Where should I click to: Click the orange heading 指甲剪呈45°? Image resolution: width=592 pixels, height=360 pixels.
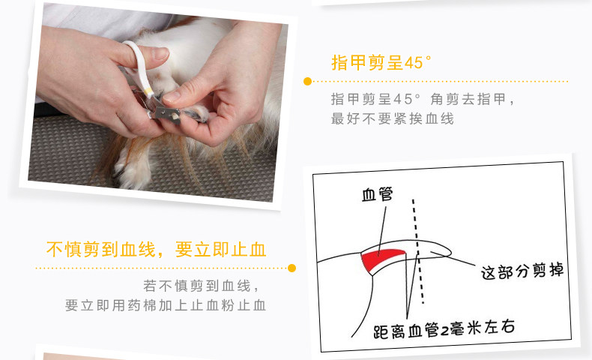click(381, 62)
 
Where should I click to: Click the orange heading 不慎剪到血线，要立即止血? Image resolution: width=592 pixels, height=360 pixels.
click(156, 249)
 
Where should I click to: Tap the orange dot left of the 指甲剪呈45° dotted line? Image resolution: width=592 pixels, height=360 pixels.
click(307, 81)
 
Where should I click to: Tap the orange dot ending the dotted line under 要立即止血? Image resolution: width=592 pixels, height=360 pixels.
click(292, 268)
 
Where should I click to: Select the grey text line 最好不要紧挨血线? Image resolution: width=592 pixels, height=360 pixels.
click(392, 118)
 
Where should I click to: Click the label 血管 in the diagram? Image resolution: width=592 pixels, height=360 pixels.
click(378, 196)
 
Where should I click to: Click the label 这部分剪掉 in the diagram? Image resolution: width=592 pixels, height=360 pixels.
click(522, 271)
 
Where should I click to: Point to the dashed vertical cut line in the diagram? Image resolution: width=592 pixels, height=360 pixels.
click(417, 247)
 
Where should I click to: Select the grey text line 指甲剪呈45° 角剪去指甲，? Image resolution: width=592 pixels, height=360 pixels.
click(423, 99)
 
